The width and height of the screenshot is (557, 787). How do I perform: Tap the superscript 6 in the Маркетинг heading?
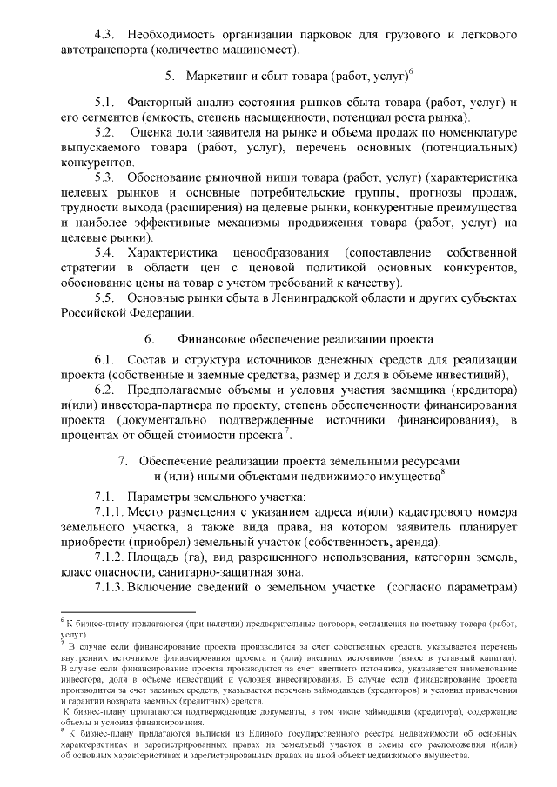click(x=410, y=72)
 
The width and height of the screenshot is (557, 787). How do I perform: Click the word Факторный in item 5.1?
click(x=160, y=103)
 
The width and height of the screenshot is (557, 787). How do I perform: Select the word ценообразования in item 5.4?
click(x=281, y=252)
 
